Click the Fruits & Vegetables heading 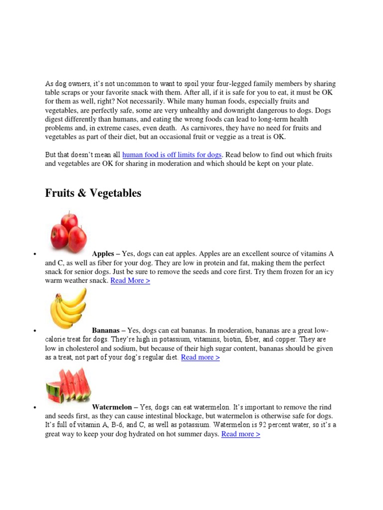click(93, 193)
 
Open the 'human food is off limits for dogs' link click(172, 155)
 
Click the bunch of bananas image click(68, 308)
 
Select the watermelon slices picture click(68, 385)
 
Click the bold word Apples click(103, 254)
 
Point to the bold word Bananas click(106, 331)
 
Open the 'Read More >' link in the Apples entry click(130, 281)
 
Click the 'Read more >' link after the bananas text click(200, 358)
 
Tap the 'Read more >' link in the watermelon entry click(240, 434)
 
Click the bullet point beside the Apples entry click(35, 255)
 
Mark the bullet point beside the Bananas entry click(35, 332)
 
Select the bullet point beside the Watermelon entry click(35, 408)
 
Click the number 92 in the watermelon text click(269, 425)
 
